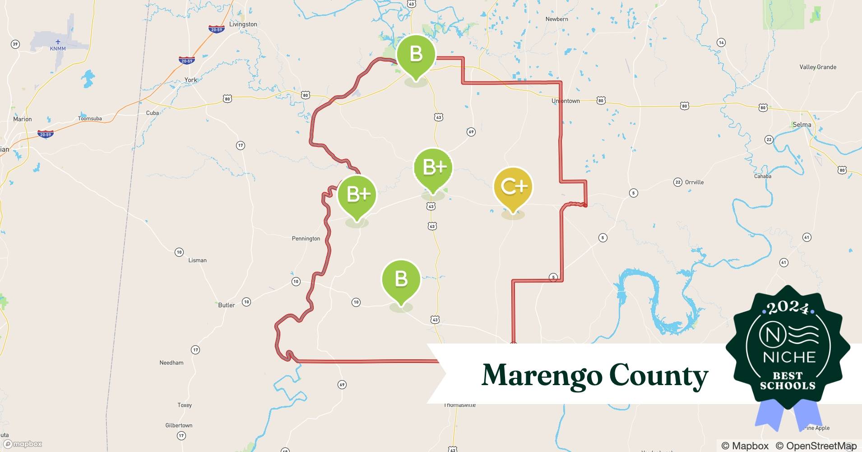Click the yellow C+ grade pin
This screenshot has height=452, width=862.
[x=513, y=186]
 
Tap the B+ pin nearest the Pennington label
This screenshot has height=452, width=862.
[x=357, y=194]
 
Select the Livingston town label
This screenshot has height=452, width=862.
[x=243, y=24]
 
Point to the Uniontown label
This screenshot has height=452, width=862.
[x=565, y=101]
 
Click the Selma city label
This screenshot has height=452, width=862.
[x=802, y=125]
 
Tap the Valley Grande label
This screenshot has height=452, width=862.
[x=818, y=67]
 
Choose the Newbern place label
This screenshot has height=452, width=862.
[x=556, y=19]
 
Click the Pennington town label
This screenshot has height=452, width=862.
[x=306, y=239]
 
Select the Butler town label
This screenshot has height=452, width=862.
[x=226, y=305]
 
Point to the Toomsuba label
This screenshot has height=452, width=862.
[x=90, y=118]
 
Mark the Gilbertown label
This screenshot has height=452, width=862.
[x=179, y=425]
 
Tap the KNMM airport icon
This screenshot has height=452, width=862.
[x=58, y=42]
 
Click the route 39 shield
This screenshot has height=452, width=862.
[x=15, y=44]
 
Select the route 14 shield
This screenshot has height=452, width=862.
[x=721, y=42]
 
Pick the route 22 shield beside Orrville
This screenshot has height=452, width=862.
[x=677, y=182]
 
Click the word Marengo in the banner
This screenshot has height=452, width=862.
[x=542, y=375]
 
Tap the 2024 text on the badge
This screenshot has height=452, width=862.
[x=788, y=308]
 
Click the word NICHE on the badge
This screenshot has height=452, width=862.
[x=789, y=358]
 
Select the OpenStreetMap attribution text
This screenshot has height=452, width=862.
[x=816, y=446]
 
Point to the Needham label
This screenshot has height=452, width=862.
[x=171, y=363]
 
